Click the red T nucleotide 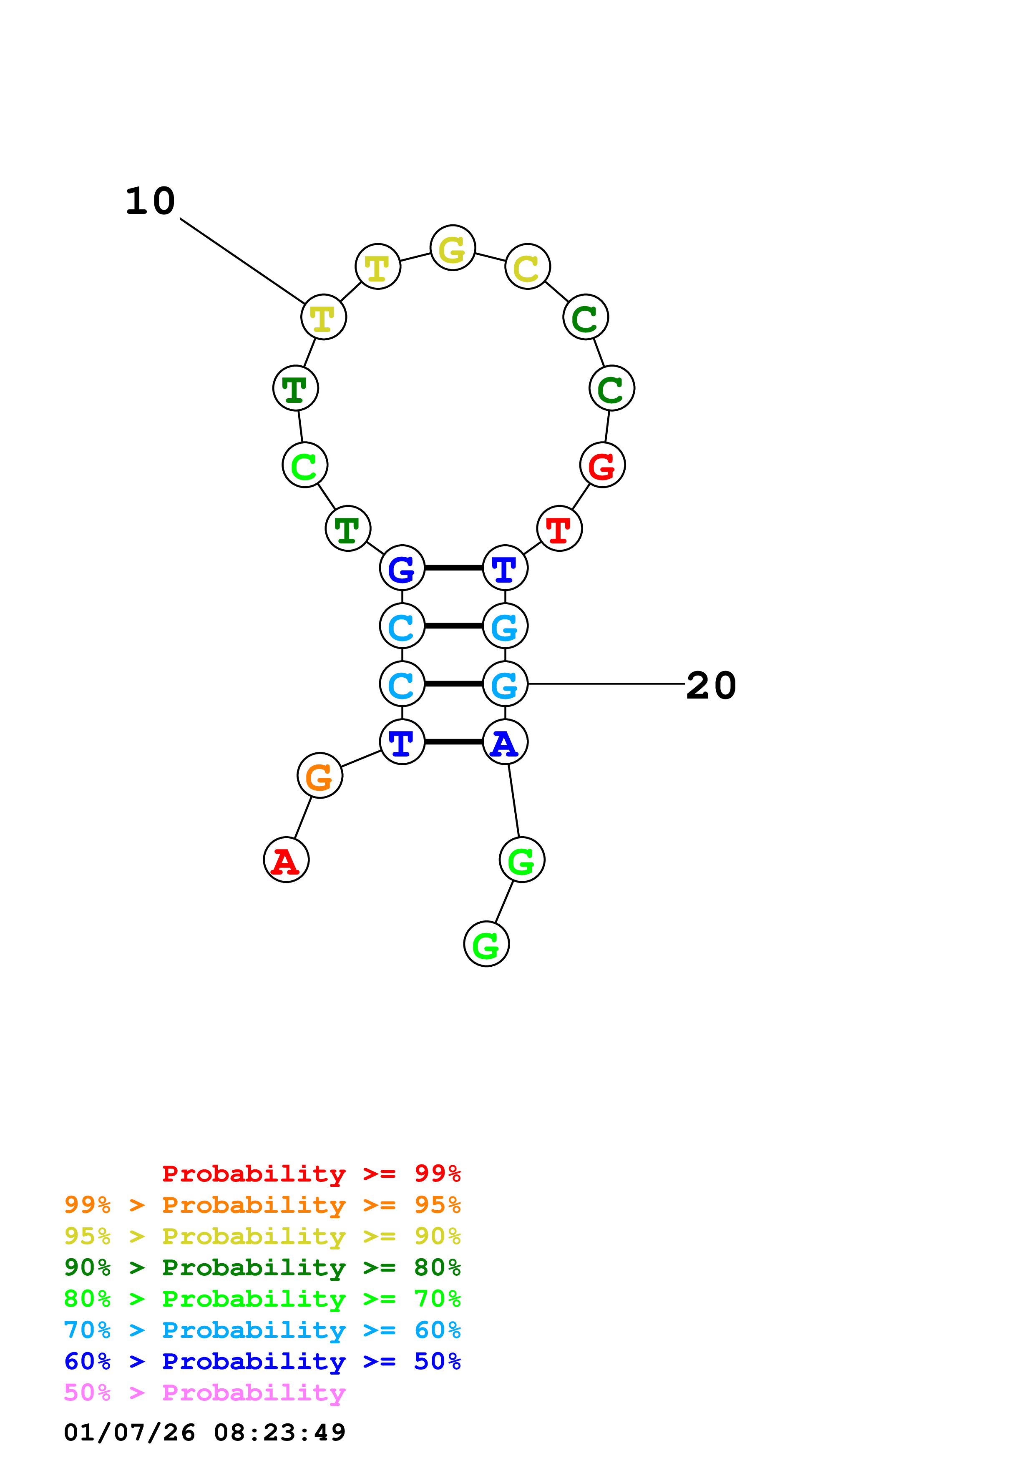559,528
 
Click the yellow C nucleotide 528,266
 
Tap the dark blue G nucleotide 402,568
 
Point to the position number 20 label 711,686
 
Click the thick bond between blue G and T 454,568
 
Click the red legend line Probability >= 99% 311,1173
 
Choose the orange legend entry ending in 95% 262,1205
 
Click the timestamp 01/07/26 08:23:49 204,1433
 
